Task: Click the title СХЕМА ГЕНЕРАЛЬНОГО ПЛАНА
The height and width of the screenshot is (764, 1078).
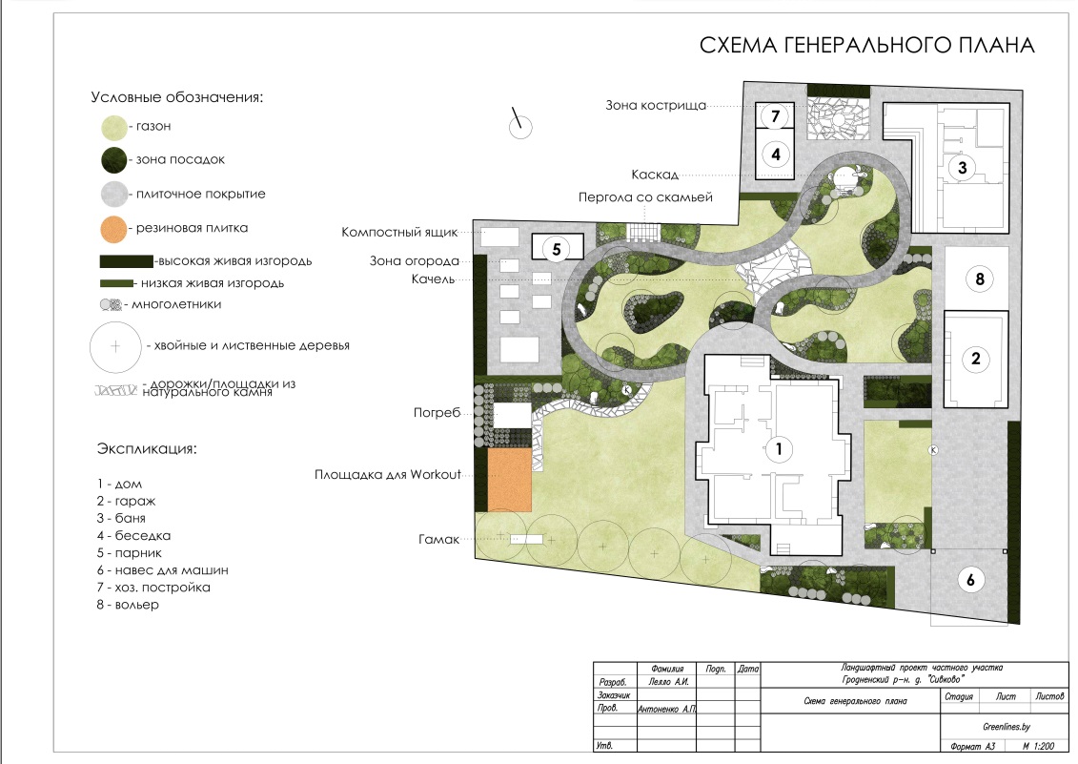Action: click(867, 46)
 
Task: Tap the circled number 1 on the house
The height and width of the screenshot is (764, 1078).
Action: click(779, 449)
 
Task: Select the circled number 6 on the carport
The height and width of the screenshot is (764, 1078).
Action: click(970, 580)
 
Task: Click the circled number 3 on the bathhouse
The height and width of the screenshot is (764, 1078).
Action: click(963, 167)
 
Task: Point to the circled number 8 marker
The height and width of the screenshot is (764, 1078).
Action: click(980, 279)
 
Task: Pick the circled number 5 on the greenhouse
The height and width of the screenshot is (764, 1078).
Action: click(557, 249)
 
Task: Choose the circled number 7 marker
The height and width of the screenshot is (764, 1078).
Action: click(776, 115)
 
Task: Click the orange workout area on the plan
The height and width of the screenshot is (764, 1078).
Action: click(510, 479)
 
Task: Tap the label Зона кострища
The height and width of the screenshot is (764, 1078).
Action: click(655, 105)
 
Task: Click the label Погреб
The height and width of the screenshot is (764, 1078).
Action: click(437, 413)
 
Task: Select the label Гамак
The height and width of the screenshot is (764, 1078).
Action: click(438, 539)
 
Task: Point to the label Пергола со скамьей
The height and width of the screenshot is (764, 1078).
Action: click(645, 197)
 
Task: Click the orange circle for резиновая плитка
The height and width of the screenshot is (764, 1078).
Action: click(114, 229)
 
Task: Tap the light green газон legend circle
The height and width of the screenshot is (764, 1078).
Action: click(114, 128)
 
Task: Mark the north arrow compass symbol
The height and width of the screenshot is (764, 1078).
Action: click(519, 125)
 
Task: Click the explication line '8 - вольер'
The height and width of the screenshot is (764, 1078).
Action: click(128, 605)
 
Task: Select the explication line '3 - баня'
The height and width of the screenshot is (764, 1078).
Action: click(121, 518)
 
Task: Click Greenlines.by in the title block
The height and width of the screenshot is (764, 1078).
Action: click(1006, 727)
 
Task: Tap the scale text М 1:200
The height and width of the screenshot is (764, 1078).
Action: click(1038, 746)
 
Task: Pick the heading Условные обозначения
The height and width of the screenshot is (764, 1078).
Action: click(177, 97)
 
